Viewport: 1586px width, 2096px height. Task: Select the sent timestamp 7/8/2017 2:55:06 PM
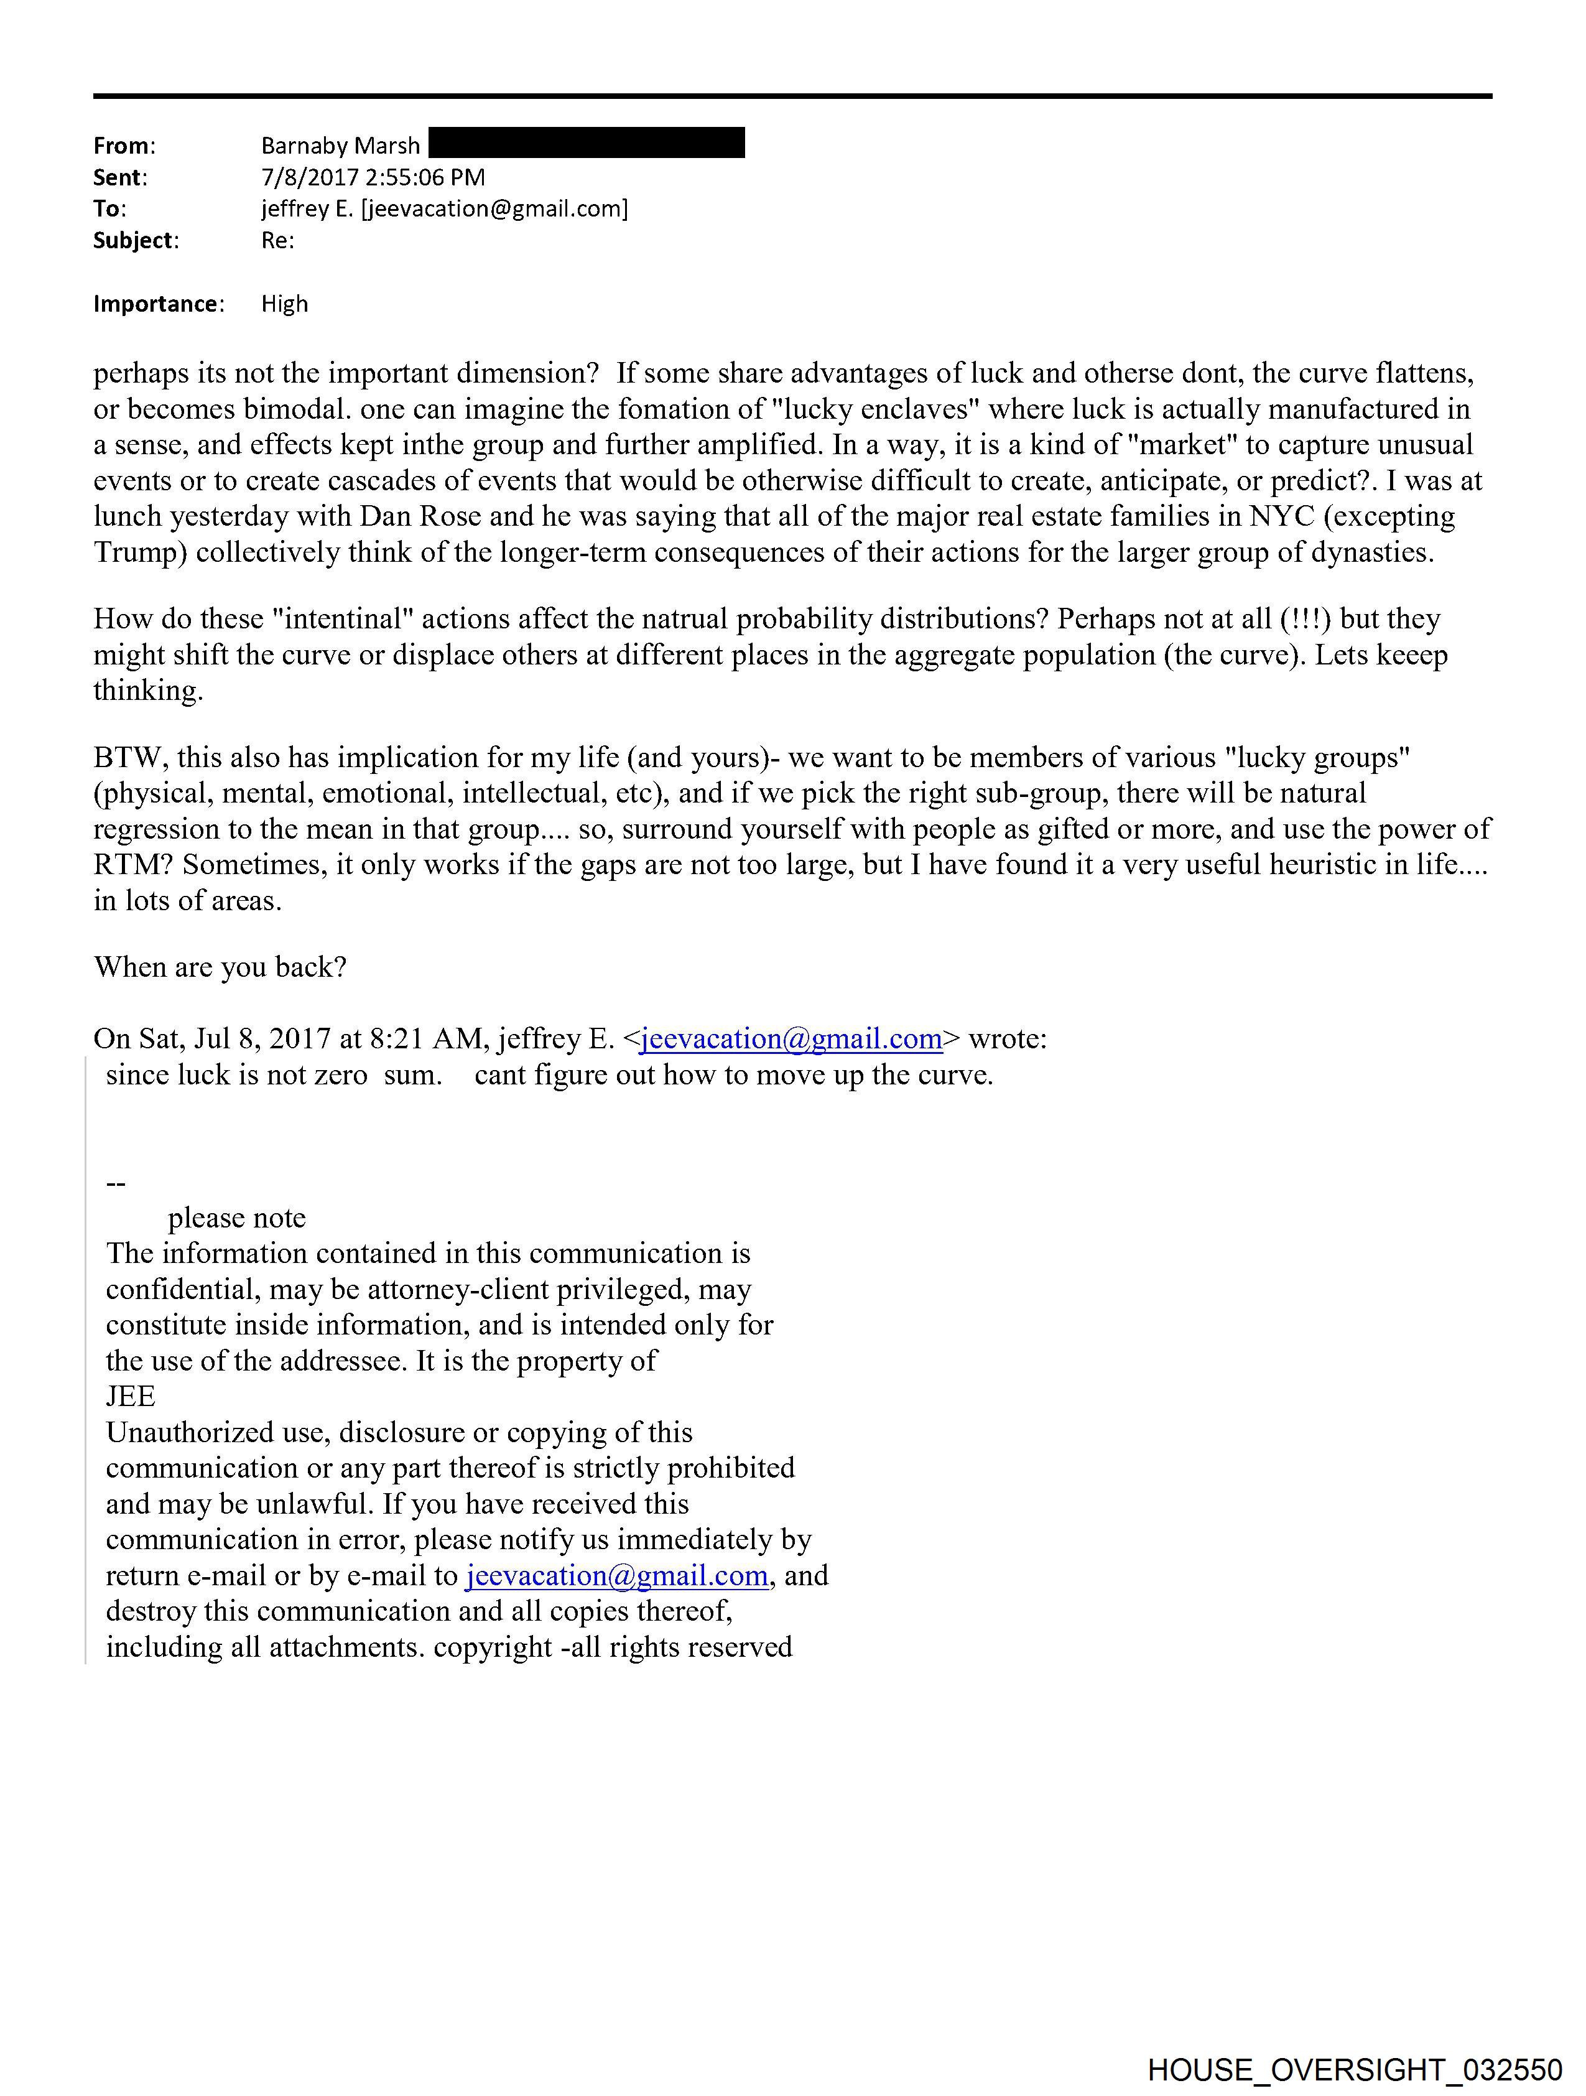click(x=373, y=177)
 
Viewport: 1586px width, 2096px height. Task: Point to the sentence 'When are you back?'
click(x=220, y=967)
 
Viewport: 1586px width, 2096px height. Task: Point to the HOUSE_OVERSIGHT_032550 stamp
click(x=1355, y=2069)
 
